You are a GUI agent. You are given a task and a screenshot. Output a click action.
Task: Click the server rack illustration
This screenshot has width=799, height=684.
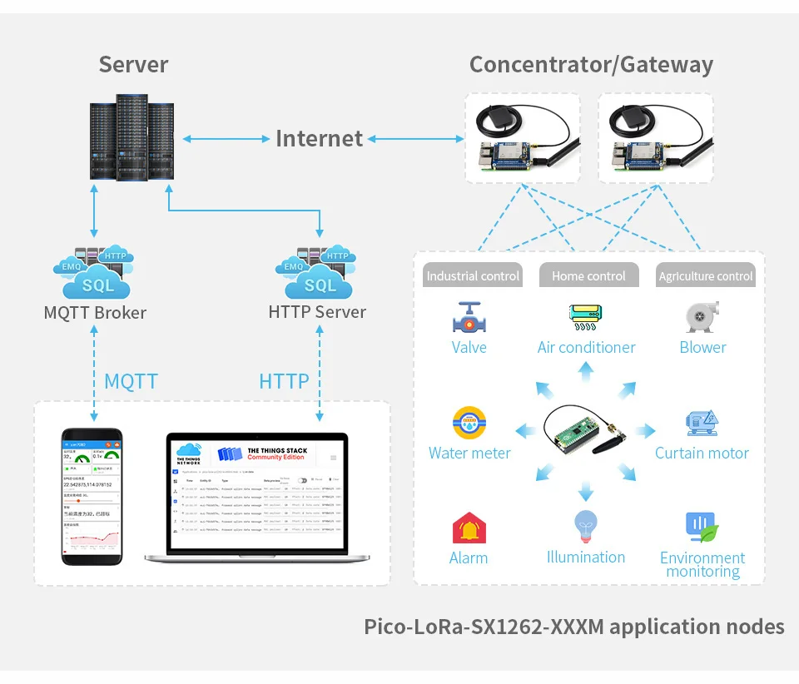pyautogui.click(x=132, y=137)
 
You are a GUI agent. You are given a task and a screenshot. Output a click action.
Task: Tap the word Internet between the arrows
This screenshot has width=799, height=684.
pyautogui.click(x=319, y=139)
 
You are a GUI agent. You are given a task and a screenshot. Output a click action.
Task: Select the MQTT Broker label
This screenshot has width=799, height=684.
pyautogui.click(x=95, y=313)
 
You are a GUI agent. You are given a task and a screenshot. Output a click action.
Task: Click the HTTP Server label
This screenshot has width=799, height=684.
pyautogui.click(x=317, y=312)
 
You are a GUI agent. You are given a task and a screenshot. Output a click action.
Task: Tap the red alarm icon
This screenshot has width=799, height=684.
pyautogui.click(x=469, y=528)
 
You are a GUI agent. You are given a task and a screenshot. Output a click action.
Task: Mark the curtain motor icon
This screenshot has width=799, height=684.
pyautogui.click(x=702, y=424)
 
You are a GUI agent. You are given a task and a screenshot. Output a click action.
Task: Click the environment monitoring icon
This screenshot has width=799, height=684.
pyautogui.click(x=702, y=528)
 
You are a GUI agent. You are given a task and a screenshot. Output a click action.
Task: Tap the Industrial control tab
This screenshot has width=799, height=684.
pyautogui.click(x=473, y=275)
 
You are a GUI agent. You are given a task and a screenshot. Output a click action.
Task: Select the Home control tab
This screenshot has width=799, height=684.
pyautogui.click(x=588, y=275)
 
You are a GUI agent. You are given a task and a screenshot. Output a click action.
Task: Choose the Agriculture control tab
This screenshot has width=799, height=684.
pyautogui.click(x=705, y=275)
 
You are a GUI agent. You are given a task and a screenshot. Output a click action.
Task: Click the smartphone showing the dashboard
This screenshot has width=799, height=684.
pyautogui.click(x=92, y=496)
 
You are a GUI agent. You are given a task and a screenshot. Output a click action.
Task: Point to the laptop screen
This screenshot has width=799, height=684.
pyautogui.click(x=257, y=494)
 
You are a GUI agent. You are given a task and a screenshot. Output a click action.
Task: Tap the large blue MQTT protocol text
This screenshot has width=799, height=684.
pyautogui.click(x=131, y=381)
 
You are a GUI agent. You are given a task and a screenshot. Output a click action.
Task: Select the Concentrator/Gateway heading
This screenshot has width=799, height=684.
pyautogui.click(x=591, y=65)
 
